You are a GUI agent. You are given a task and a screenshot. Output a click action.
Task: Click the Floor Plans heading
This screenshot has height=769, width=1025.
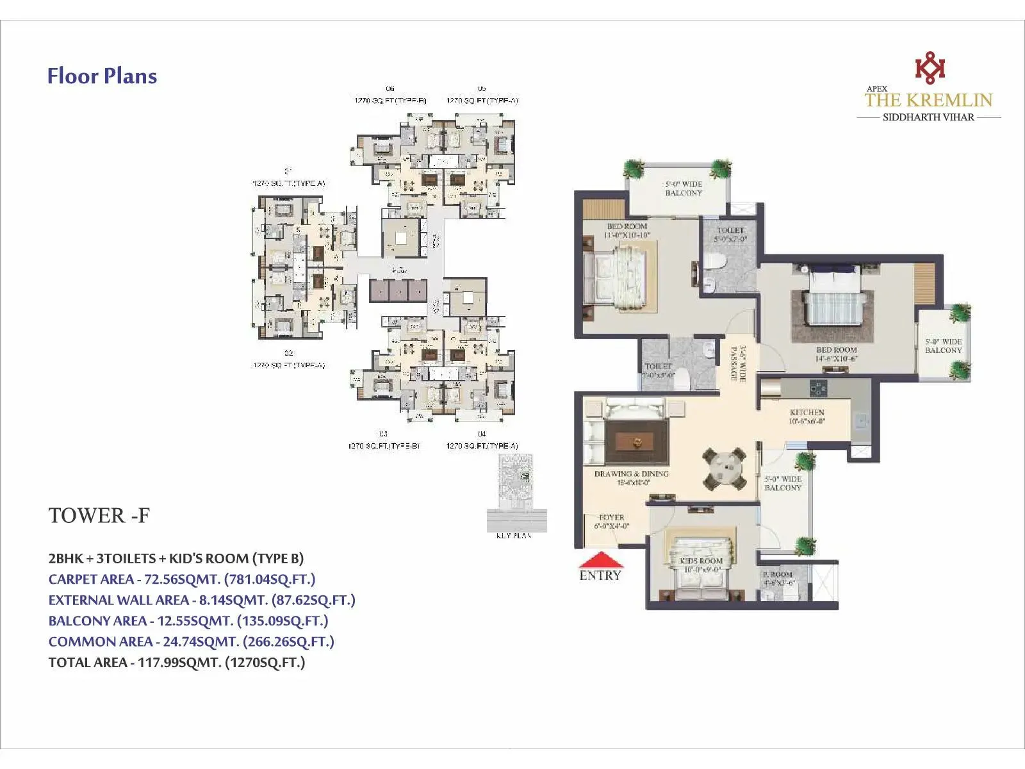point(102,76)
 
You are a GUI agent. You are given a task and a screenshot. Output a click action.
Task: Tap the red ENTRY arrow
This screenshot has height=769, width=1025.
point(600,560)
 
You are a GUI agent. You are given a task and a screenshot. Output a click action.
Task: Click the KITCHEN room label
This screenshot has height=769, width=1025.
point(807,413)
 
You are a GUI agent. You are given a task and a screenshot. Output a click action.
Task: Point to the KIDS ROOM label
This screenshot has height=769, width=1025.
point(701,561)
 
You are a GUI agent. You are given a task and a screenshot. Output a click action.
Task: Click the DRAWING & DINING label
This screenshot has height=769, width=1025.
point(631,474)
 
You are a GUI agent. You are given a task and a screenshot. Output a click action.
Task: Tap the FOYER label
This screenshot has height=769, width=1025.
point(611,517)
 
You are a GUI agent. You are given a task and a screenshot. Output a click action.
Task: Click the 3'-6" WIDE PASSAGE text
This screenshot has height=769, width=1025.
point(739,364)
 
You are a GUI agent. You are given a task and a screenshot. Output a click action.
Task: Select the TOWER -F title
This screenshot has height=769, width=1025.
point(99,516)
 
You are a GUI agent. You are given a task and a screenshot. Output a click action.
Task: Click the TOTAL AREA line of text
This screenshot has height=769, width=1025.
point(177,663)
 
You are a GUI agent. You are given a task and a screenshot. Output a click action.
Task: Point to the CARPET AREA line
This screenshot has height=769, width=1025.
point(182,579)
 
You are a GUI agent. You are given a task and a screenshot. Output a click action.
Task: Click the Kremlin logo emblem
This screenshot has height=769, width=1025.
point(930,68)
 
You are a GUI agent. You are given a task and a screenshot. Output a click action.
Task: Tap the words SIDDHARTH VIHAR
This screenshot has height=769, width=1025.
point(928,117)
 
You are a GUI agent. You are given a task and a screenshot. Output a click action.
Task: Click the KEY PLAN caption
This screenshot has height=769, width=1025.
point(514,536)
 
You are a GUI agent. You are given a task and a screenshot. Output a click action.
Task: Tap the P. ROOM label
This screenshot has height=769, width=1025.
point(778,575)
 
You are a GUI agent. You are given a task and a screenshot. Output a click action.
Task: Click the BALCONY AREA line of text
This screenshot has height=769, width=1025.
point(188,621)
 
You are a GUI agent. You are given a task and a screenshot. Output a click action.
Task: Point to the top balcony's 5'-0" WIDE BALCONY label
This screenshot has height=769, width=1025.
point(684,188)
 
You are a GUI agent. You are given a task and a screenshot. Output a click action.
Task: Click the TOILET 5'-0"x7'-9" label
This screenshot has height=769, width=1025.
point(730,235)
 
